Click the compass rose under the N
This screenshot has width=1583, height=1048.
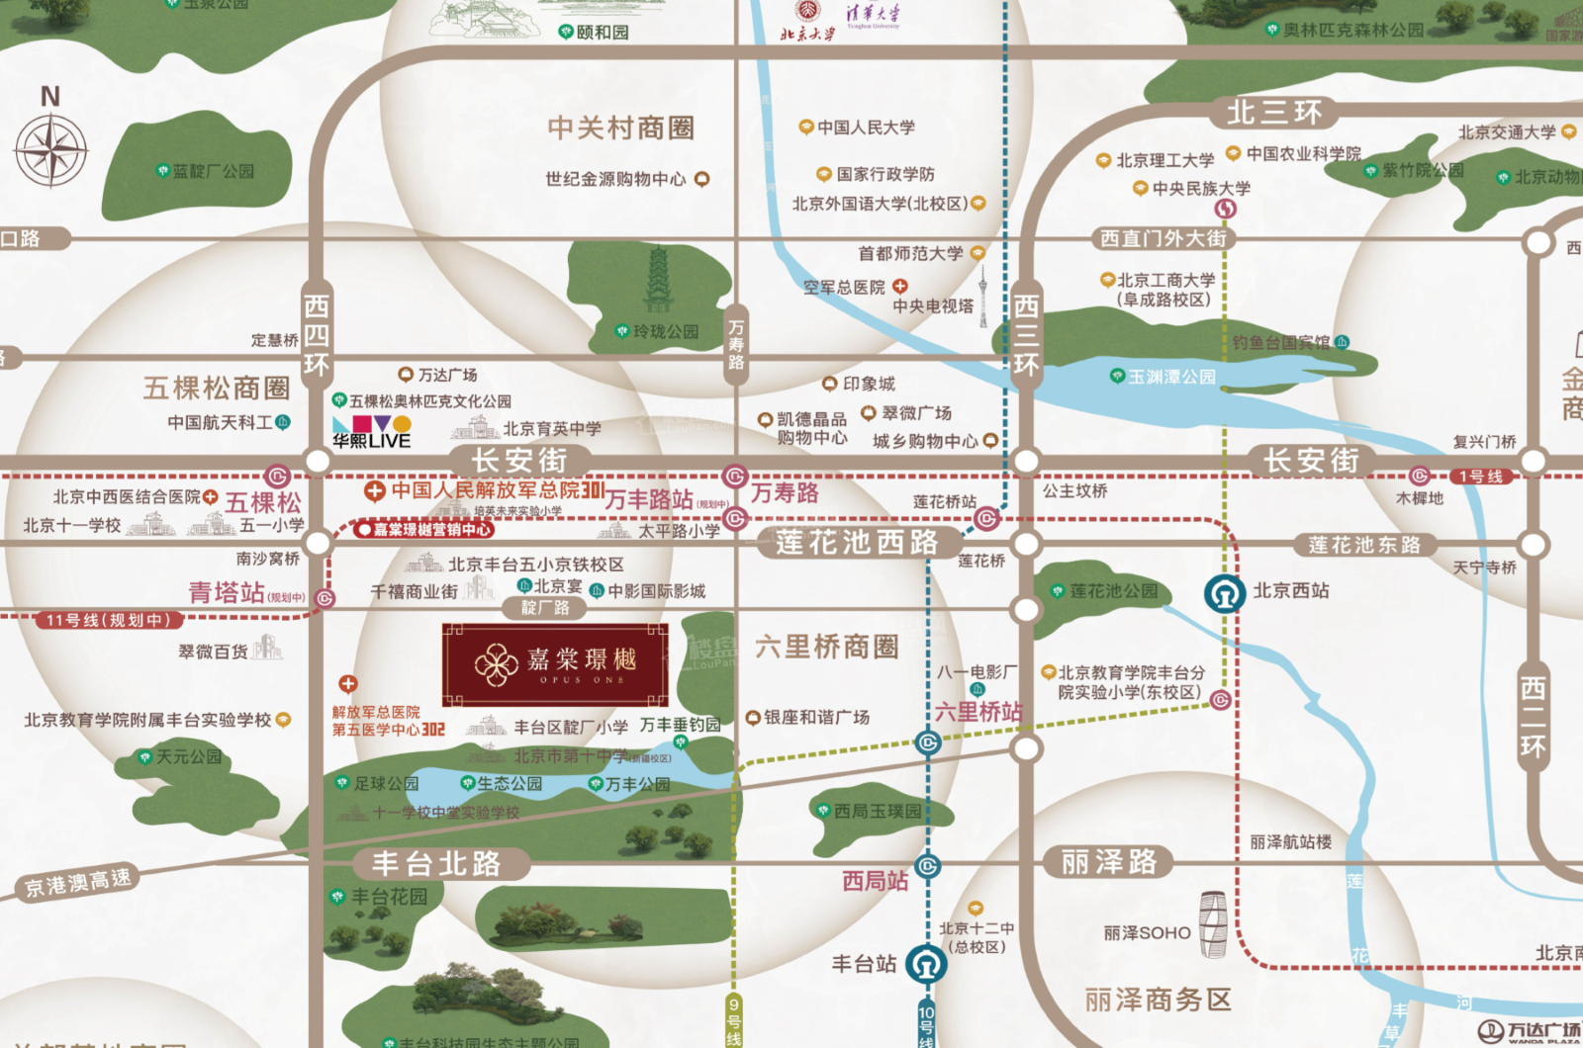(x=51, y=150)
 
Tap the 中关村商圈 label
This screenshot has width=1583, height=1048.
(x=620, y=129)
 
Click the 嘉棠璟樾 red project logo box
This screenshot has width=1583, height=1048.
(x=555, y=664)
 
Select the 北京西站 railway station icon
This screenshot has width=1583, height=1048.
(x=1225, y=593)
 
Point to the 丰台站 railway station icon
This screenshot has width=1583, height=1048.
(x=926, y=963)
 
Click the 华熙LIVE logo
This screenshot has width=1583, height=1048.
(x=371, y=432)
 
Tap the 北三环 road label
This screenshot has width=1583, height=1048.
(x=1273, y=113)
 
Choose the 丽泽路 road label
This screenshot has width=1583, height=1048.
(x=1108, y=862)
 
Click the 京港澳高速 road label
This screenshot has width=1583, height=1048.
(x=78, y=883)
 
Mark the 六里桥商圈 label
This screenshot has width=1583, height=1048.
(x=826, y=648)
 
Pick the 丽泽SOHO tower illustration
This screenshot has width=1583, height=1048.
(x=1213, y=924)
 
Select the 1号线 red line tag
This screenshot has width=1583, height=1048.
(x=1480, y=477)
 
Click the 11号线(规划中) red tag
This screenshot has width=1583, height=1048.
(x=108, y=620)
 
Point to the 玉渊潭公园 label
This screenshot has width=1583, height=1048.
(x=1171, y=377)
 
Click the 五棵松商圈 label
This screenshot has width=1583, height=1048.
(x=217, y=388)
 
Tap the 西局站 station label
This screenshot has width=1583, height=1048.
(x=875, y=881)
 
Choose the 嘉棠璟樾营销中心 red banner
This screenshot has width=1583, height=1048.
(x=424, y=530)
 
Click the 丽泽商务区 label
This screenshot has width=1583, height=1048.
(x=1158, y=1000)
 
